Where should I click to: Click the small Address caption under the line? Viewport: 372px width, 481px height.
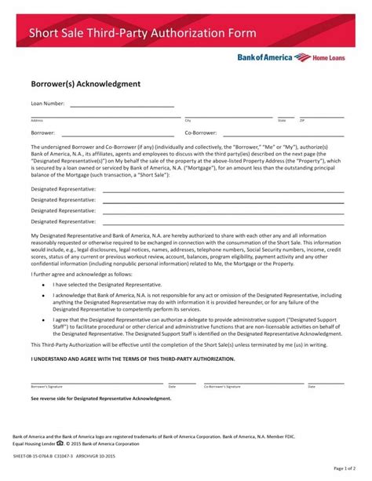point(36,121)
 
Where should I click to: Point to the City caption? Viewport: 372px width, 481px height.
point(188,121)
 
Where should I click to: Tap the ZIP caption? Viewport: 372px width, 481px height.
point(304,121)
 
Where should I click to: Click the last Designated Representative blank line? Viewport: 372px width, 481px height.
point(223,223)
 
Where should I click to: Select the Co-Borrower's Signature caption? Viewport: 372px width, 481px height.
point(224,387)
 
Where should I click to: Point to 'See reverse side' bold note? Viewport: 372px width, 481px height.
point(100,399)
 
